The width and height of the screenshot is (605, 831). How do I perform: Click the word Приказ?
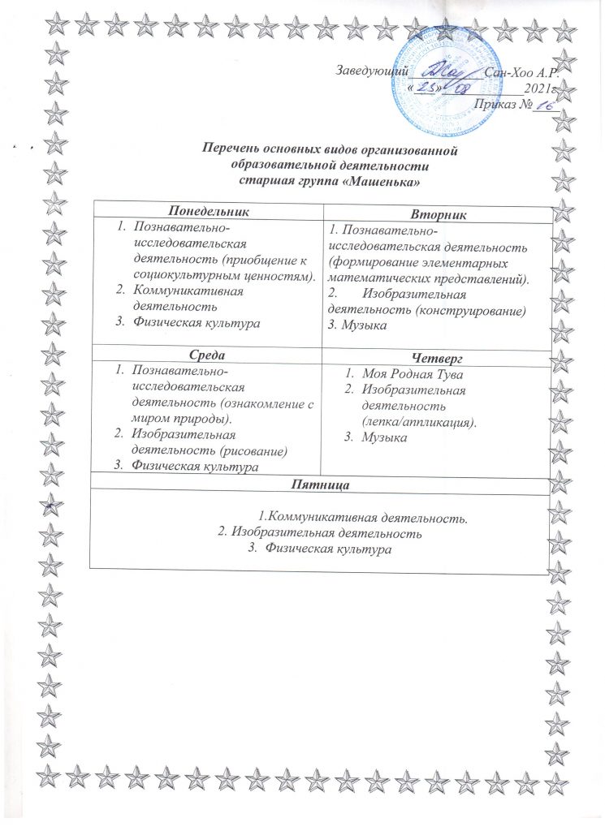(x=494, y=103)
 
